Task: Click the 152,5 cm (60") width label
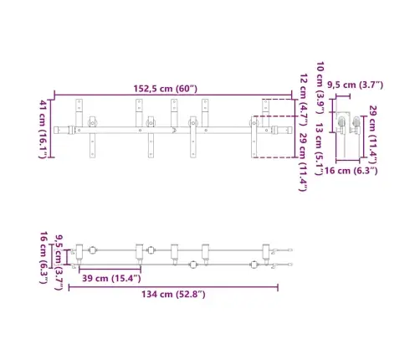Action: point(164,86)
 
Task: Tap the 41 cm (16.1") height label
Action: point(43,127)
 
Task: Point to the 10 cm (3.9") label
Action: point(321,80)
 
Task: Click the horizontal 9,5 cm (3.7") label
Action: point(355,85)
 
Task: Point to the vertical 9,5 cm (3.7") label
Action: point(59,249)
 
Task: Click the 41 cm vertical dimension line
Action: point(51,127)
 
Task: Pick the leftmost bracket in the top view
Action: point(80,250)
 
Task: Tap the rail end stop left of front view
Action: point(60,131)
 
